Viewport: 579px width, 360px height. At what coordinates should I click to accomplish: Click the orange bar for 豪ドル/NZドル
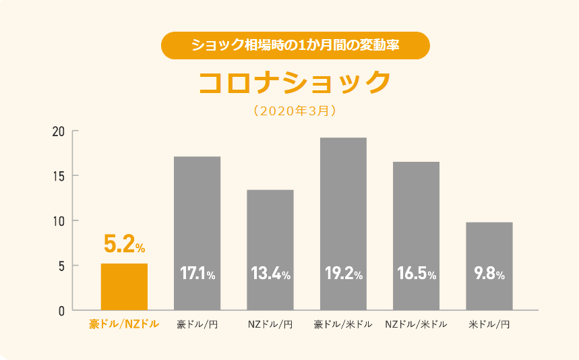click(x=124, y=287)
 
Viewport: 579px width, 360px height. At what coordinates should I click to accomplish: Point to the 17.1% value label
click(x=197, y=274)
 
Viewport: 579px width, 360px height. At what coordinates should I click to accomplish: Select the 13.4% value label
click(x=270, y=274)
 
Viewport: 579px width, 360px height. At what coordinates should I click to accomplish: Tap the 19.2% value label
click(x=343, y=274)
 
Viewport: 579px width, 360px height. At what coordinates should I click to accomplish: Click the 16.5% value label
click(x=416, y=274)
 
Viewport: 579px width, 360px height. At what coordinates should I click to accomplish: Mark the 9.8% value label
click(x=489, y=274)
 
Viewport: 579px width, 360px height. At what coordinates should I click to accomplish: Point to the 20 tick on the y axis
click(x=59, y=131)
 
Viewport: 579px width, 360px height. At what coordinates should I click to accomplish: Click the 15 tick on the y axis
click(x=59, y=176)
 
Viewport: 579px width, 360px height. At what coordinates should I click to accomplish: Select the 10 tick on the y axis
click(x=59, y=221)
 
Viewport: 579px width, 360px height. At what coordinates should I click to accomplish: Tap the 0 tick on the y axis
click(x=61, y=311)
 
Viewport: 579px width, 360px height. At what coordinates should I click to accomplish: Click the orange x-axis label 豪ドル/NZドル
click(x=124, y=324)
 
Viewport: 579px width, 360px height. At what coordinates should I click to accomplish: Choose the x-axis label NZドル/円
click(x=270, y=324)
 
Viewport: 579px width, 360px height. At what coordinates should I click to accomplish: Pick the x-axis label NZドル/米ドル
click(x=416, y=324)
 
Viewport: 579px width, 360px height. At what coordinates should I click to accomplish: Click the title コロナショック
click(x=295, y=82)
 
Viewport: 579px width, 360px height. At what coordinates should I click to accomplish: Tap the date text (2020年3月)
click(x=295, y=111)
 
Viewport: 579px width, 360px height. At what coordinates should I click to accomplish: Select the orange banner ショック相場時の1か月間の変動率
click(x=295, y=46)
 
